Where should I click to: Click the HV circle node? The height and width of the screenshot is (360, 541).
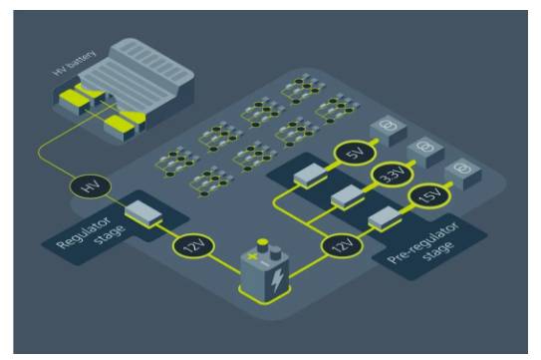91,186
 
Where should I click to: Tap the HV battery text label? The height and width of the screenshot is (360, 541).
74,64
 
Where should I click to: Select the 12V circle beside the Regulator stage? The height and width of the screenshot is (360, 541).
193,246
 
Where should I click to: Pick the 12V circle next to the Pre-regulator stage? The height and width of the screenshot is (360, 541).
342,246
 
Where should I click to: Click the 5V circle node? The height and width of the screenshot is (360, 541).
355,153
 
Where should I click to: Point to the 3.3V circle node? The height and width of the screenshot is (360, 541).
393,175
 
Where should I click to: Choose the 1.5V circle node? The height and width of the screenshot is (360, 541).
429,195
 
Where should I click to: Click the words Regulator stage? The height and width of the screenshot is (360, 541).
92,231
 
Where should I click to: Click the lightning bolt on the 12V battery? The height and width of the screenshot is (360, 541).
277,279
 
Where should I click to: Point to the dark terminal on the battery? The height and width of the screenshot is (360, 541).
275,253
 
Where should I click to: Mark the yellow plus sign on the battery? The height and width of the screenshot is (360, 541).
253,257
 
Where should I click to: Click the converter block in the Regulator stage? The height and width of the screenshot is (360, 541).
143,213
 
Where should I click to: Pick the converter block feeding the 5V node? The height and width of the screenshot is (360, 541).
310,176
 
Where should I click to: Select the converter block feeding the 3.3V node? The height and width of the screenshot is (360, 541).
348,196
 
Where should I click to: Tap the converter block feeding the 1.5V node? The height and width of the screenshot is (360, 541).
385,218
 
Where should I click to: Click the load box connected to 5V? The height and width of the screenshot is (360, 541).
388,131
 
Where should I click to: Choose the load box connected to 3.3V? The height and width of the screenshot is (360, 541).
425,152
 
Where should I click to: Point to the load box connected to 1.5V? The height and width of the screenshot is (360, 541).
462,174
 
